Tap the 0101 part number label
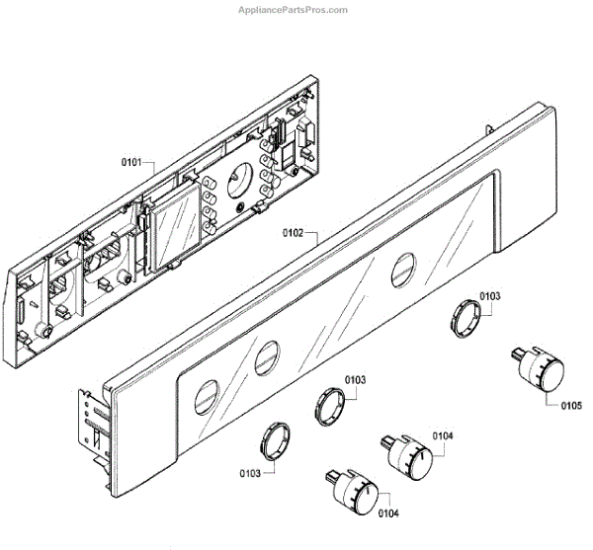point(131,161)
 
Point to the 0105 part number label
point(571,404)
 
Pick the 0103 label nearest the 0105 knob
point(490,295)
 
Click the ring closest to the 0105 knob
point(465,318)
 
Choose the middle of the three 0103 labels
point(356,380)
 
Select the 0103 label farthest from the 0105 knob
point(251,473)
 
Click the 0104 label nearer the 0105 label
point(443,435)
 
